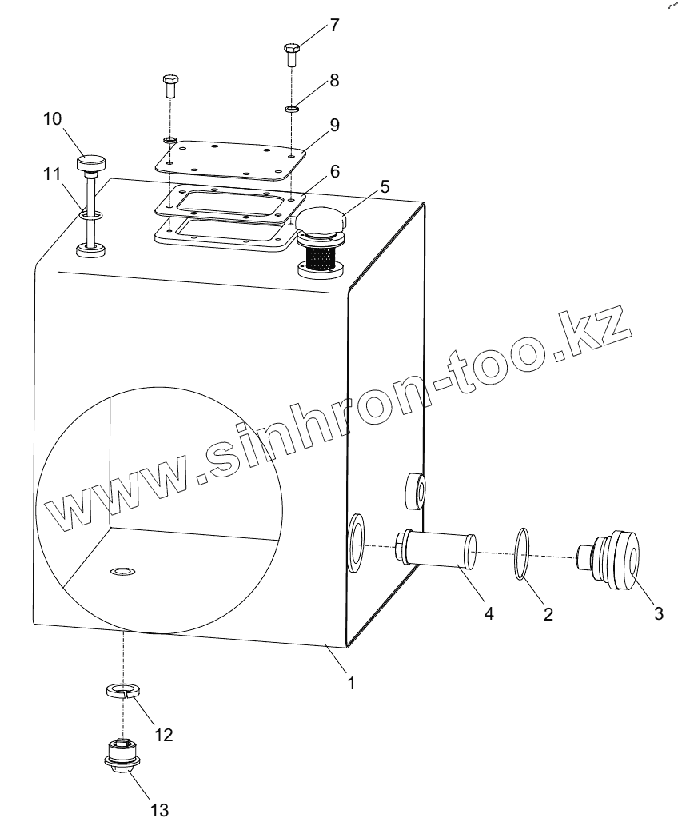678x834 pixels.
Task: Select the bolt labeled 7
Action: (290, 55)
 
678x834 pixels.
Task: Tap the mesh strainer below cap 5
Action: (321, 255)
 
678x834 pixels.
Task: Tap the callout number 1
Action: (350, 684)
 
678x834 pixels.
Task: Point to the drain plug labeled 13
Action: (122, 756)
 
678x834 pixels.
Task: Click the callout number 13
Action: (159, 810)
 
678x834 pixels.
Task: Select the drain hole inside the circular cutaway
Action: (123, 570)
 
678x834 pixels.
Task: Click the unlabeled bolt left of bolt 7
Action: (170, 83)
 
